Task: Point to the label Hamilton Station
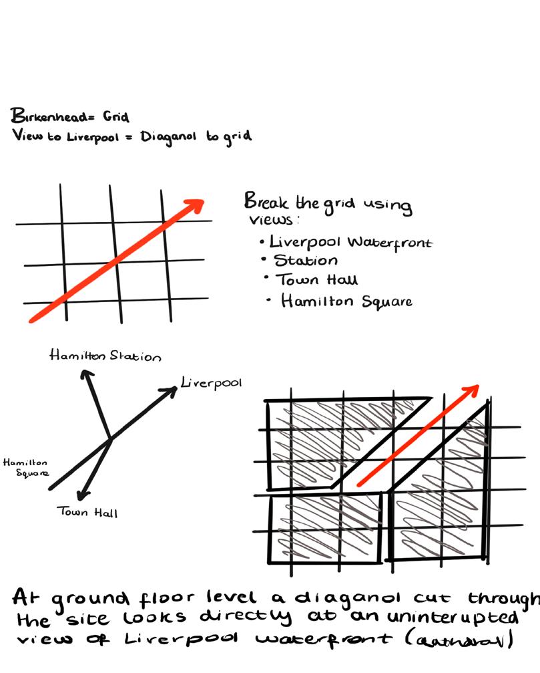coord(105,356)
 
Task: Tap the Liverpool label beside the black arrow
coord(211,384)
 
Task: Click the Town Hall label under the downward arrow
coord(87,513)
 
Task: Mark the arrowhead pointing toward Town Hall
coord(82,495)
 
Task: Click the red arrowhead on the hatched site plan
coord(473,389)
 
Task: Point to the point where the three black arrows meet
coord(109,439)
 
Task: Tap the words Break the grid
coord(294,202)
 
